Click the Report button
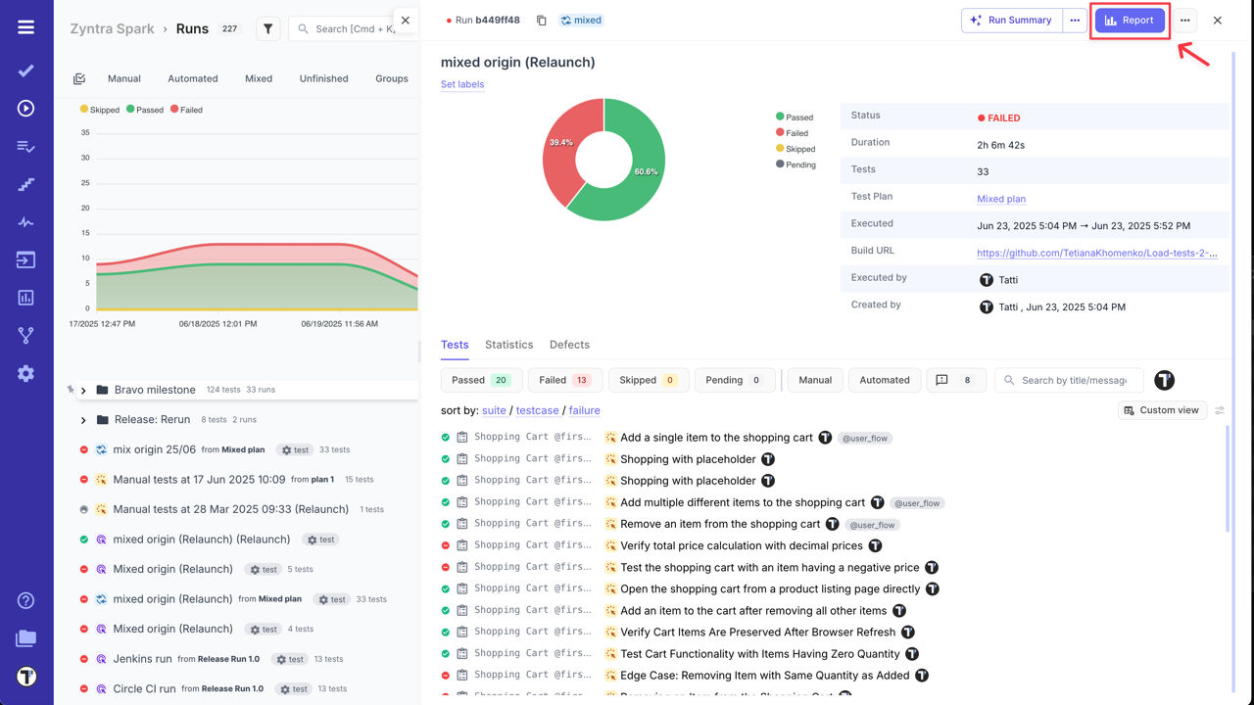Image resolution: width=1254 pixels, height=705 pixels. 1130,21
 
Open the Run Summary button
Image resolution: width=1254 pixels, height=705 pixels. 1012,21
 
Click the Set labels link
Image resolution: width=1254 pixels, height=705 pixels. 462,84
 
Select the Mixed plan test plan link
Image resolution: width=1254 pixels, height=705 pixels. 1000,199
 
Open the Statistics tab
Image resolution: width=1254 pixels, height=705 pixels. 508,345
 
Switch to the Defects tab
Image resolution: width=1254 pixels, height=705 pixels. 569,345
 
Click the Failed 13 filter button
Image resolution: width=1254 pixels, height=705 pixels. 564,380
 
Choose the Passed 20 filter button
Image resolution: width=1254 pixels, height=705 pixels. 481,380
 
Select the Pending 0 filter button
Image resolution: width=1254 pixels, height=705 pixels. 734,380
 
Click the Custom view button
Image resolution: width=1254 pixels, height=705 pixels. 1161,410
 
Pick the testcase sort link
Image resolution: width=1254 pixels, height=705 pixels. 537,410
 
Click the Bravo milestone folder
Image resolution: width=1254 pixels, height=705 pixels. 155,390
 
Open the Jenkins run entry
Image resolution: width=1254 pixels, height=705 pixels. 142,659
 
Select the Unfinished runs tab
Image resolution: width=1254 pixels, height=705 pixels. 323,78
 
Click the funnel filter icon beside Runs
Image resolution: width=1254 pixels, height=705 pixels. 267,29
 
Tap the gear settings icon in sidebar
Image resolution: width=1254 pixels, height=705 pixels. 26,373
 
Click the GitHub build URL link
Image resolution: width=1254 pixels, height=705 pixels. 1096,253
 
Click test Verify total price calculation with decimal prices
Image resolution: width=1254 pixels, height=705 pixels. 741,546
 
